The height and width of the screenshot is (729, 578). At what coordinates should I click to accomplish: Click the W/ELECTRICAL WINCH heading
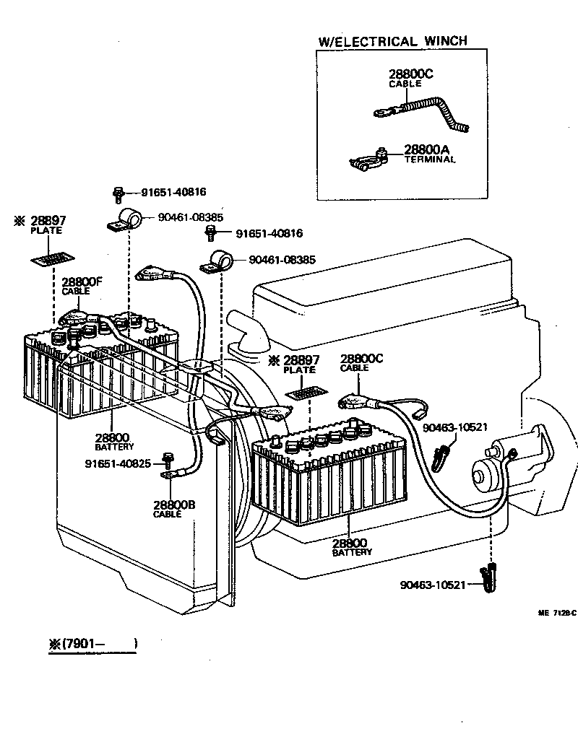click(392, 41)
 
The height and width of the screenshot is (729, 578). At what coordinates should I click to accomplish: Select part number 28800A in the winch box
click(428, 149)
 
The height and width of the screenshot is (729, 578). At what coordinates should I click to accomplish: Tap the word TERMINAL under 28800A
click(430, 159)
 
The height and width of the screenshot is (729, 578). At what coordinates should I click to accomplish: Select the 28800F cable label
click(80, 282)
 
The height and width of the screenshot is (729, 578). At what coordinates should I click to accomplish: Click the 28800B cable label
click(173, 505)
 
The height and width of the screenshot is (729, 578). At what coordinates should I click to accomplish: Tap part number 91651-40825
click(117, 463)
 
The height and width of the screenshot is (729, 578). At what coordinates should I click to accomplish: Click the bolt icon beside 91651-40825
click(168, 458)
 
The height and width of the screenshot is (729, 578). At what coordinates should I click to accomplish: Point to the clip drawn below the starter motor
click(489, 577)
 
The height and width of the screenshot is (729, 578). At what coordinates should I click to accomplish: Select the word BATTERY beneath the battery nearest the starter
click(352, 552)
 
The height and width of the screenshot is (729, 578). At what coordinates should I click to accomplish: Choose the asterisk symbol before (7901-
click(54, 644)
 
